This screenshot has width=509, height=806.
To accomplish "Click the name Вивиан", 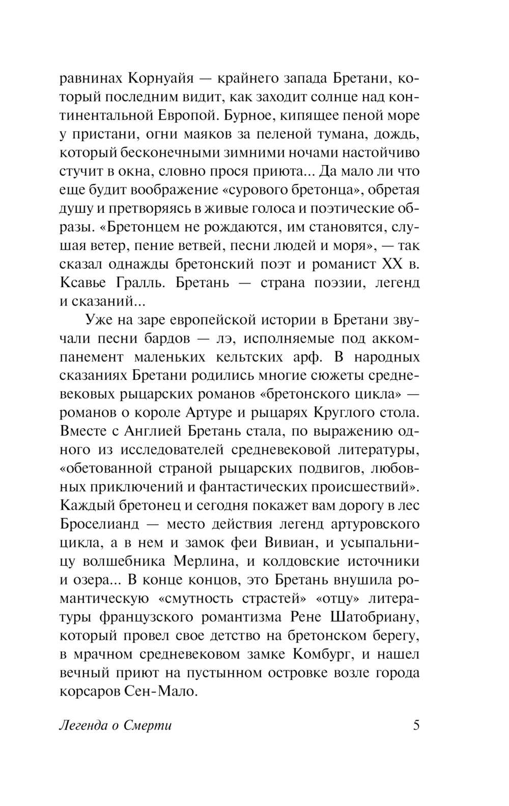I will point(287,543).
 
